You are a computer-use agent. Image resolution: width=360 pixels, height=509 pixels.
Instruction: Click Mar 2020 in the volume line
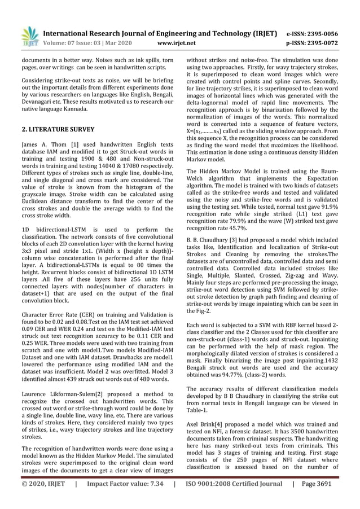coord(117,42)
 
